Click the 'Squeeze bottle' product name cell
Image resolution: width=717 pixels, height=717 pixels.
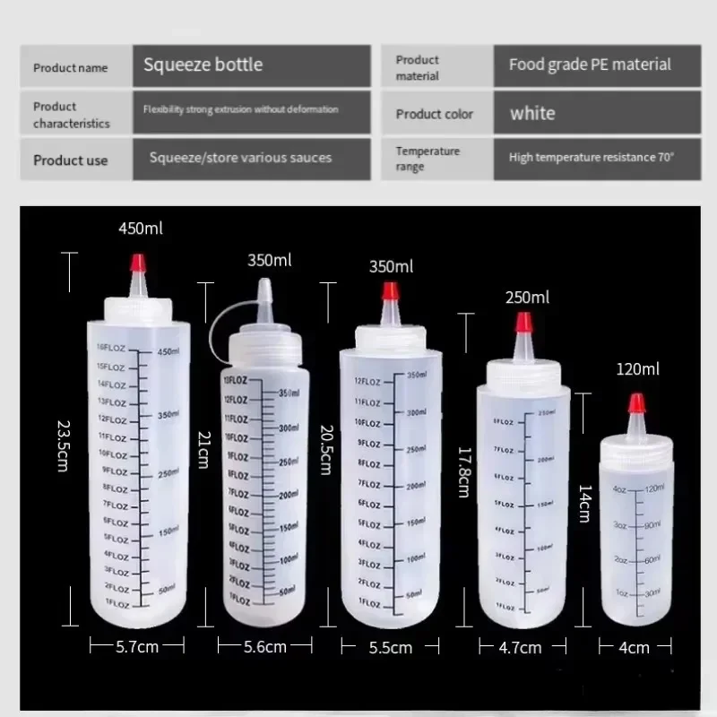(x=203, y=65)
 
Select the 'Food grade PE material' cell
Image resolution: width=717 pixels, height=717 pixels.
(x=590, y=65)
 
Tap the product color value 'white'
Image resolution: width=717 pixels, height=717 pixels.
(x=532, y=114)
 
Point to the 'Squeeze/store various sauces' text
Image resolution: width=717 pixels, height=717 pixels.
(x=240, y=158)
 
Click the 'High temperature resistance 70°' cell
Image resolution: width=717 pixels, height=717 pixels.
(x=592, y=158)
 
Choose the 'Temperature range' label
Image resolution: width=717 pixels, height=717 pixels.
(x=428, y=159)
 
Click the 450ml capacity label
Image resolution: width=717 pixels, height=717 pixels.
(x=141, y=229)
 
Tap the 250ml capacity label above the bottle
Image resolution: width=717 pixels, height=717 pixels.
(x=528, y=297)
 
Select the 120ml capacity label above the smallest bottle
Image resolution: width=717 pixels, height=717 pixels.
(x=637, y=368)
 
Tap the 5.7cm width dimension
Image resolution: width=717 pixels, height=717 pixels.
(x=137, y=645)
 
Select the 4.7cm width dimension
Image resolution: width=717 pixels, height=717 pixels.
(x=520, y=646)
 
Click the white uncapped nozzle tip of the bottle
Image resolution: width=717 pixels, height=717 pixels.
(x=264, y=289)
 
